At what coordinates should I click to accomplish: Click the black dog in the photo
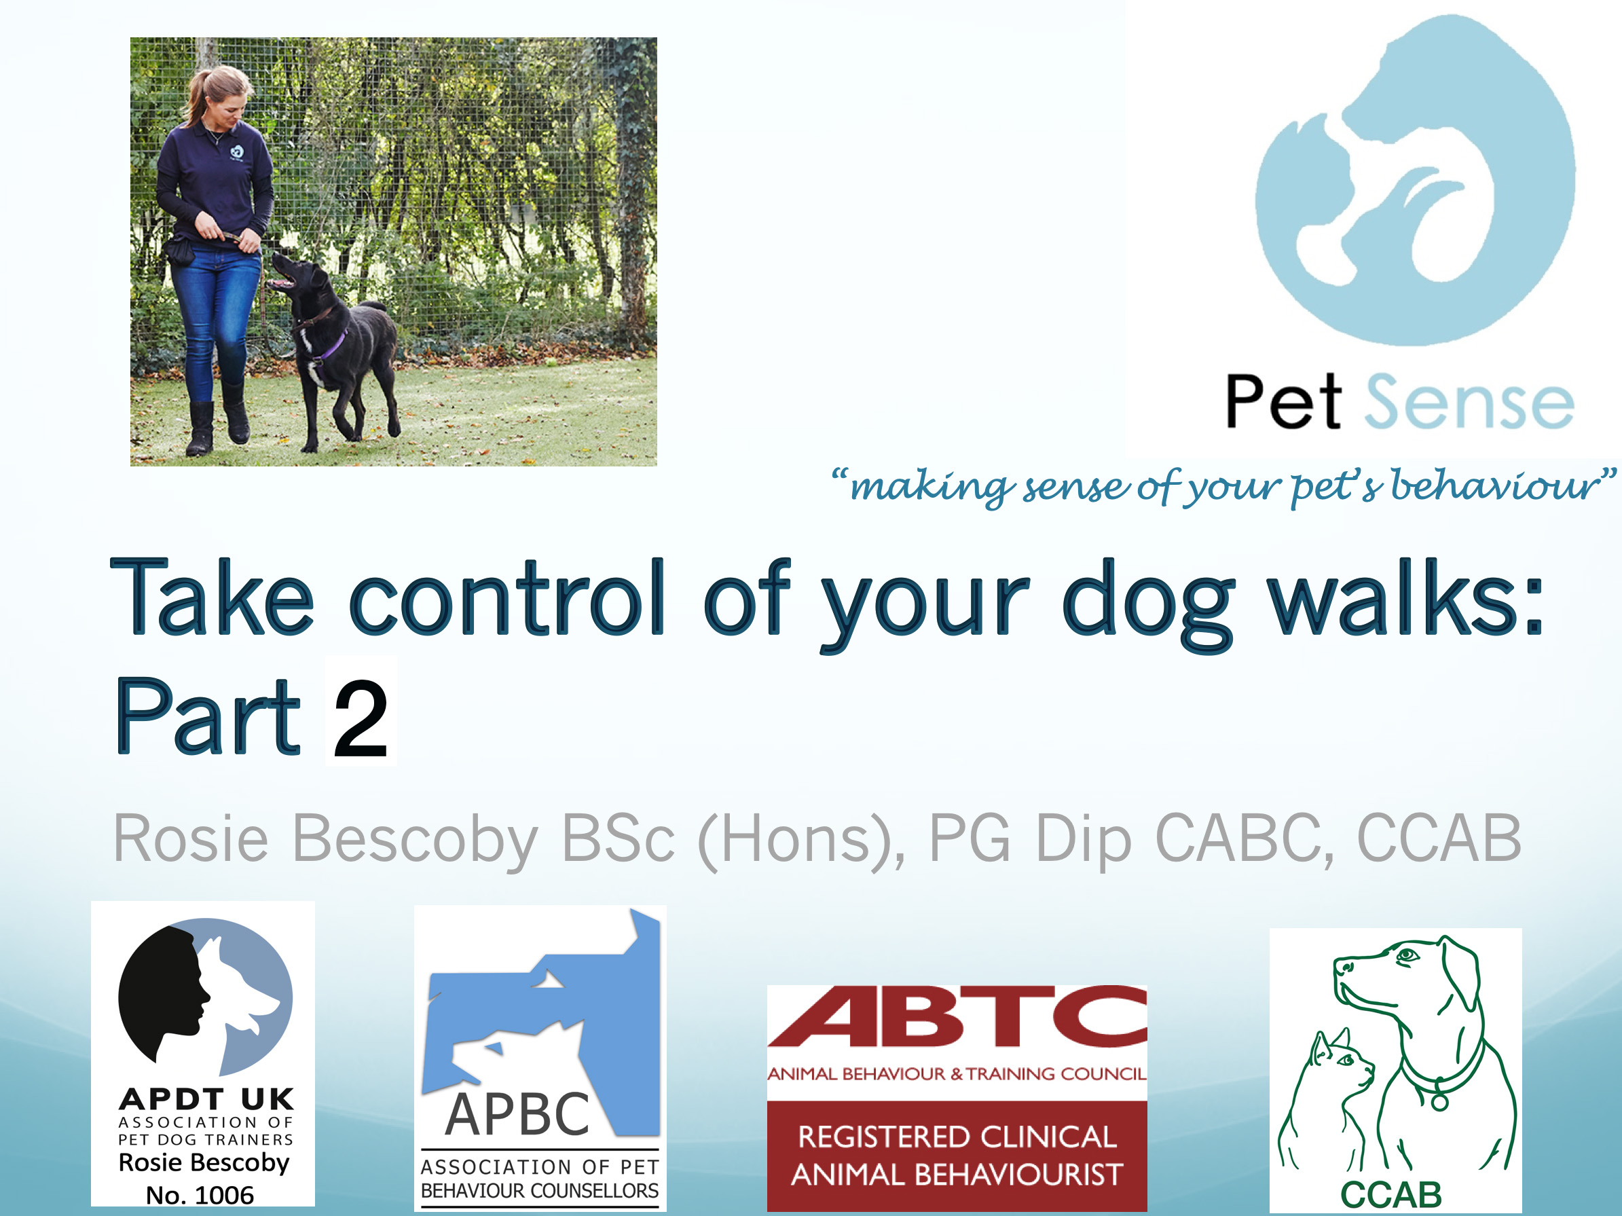point(337,345)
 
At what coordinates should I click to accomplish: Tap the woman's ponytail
point(196,95)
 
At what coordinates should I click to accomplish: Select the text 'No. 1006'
point(200,1196)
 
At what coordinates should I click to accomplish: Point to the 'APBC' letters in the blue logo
point(517,1115)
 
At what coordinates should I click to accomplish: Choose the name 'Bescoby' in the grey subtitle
point(415,838)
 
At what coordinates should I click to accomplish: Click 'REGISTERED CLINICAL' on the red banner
point(957,1137)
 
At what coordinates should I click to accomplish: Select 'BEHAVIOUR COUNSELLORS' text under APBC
point(540,1190)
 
